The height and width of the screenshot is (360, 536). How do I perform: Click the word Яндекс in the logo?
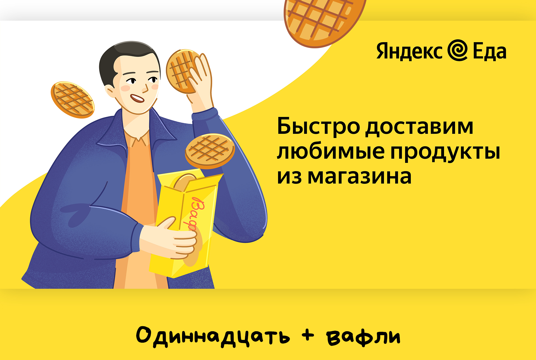pos(409,51)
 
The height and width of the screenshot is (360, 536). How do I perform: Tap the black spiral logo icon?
pos(458,50)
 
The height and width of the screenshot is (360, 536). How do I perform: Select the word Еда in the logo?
pos(490,51)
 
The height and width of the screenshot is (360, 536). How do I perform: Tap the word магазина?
pos(360,177)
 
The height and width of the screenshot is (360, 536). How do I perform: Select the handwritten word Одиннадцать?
pos(213,337)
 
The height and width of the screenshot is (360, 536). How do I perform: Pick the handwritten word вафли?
pos(363,337)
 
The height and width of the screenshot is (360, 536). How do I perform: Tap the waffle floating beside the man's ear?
pos(73,100)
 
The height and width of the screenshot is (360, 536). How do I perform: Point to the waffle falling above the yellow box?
pos(210,151)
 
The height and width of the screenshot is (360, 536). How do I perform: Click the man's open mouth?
pos(137,98)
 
